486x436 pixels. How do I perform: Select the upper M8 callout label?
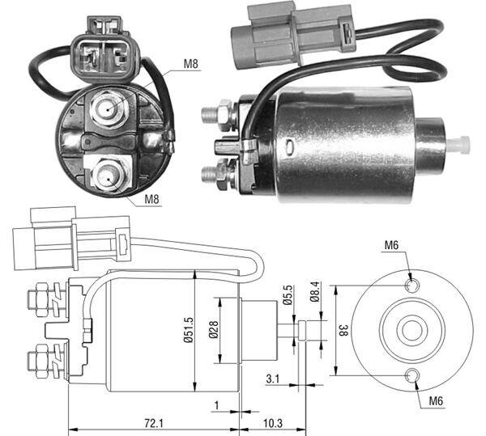coord(190,66)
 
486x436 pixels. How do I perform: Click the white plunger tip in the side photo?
coord(459,144)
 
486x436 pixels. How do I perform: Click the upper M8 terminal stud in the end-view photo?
coord(109,107)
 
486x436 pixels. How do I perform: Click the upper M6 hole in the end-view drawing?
coord(411,285)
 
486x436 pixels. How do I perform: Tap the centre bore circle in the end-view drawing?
coord(411,329)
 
